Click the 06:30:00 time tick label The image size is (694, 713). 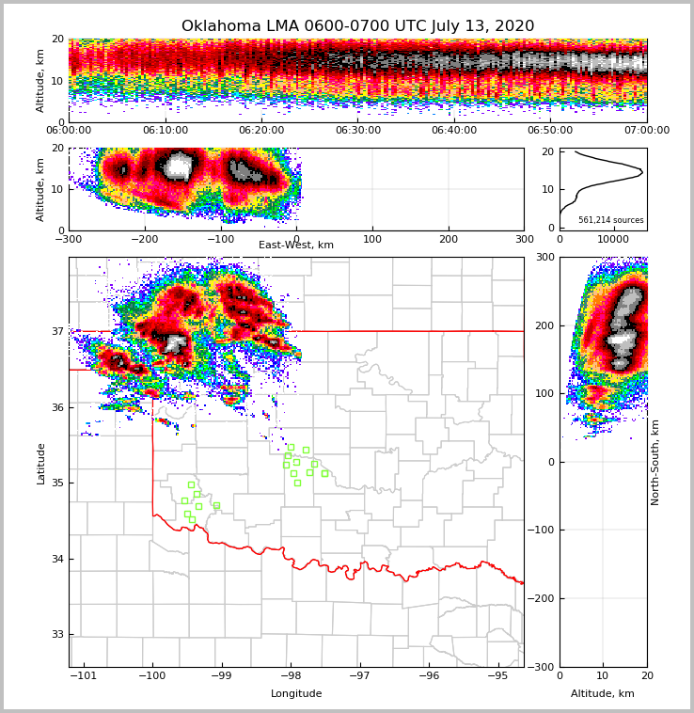pos(357,131)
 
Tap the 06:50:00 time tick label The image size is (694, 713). pos(550,131)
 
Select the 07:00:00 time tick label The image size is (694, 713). pos(647,131)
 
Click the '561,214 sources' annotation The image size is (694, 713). pos(611,220)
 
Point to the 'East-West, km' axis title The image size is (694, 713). pos(296,246)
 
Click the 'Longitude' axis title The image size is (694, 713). pos(296,694)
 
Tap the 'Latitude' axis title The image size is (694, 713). pos(40,463)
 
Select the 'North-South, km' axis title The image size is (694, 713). pos(655,462)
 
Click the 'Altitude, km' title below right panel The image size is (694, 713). pos(603,694)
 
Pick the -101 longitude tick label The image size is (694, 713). pos(85,676)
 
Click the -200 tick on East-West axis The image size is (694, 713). pos(144,240)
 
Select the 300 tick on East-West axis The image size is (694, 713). pos(524,240)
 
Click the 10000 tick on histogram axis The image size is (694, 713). pos(613,240)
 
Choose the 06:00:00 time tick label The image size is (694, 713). pos(69,131)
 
